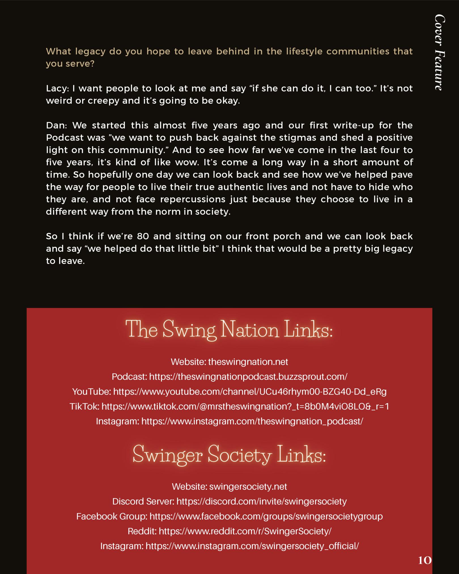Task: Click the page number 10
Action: point(425,560)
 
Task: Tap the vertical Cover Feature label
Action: point(440,52)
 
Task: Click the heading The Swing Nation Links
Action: point(229,330)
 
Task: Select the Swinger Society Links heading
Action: point(229,455)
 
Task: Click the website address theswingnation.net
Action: point(248,362)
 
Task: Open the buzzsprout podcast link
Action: point(248,377)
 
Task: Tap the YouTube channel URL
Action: point(250,392)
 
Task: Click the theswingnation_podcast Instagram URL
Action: point(252,421)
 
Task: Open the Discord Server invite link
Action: point(261,501)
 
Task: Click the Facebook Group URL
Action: point(266,516)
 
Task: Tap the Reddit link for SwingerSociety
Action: point(245,531)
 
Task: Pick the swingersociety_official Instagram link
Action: point(252,546)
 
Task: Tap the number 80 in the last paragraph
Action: point(143,236)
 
